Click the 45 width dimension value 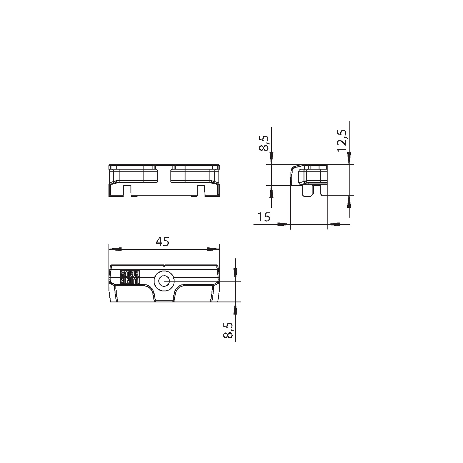pos(162,242)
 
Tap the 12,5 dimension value pos(342,140)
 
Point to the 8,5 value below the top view pos(228,330)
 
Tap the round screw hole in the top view pos(164,281)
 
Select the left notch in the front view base pos(128,191)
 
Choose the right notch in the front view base pos(201,191)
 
